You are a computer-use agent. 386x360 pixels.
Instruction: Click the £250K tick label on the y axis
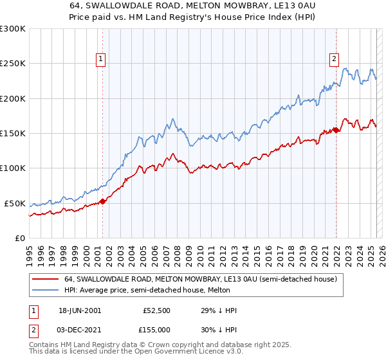coord(13,64)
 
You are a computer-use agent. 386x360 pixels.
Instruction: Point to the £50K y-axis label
coord(15,203)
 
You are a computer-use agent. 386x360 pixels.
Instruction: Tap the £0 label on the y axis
coord(19,238)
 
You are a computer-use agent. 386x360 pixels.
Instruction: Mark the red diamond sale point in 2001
coord(102,201)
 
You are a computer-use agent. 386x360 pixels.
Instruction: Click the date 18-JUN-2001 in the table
coord(80,310)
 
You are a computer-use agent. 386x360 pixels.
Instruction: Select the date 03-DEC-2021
coord(80,330)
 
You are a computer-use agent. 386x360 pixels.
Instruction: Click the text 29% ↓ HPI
coord(219,310)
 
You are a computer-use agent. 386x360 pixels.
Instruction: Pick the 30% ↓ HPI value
coord(219,330)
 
